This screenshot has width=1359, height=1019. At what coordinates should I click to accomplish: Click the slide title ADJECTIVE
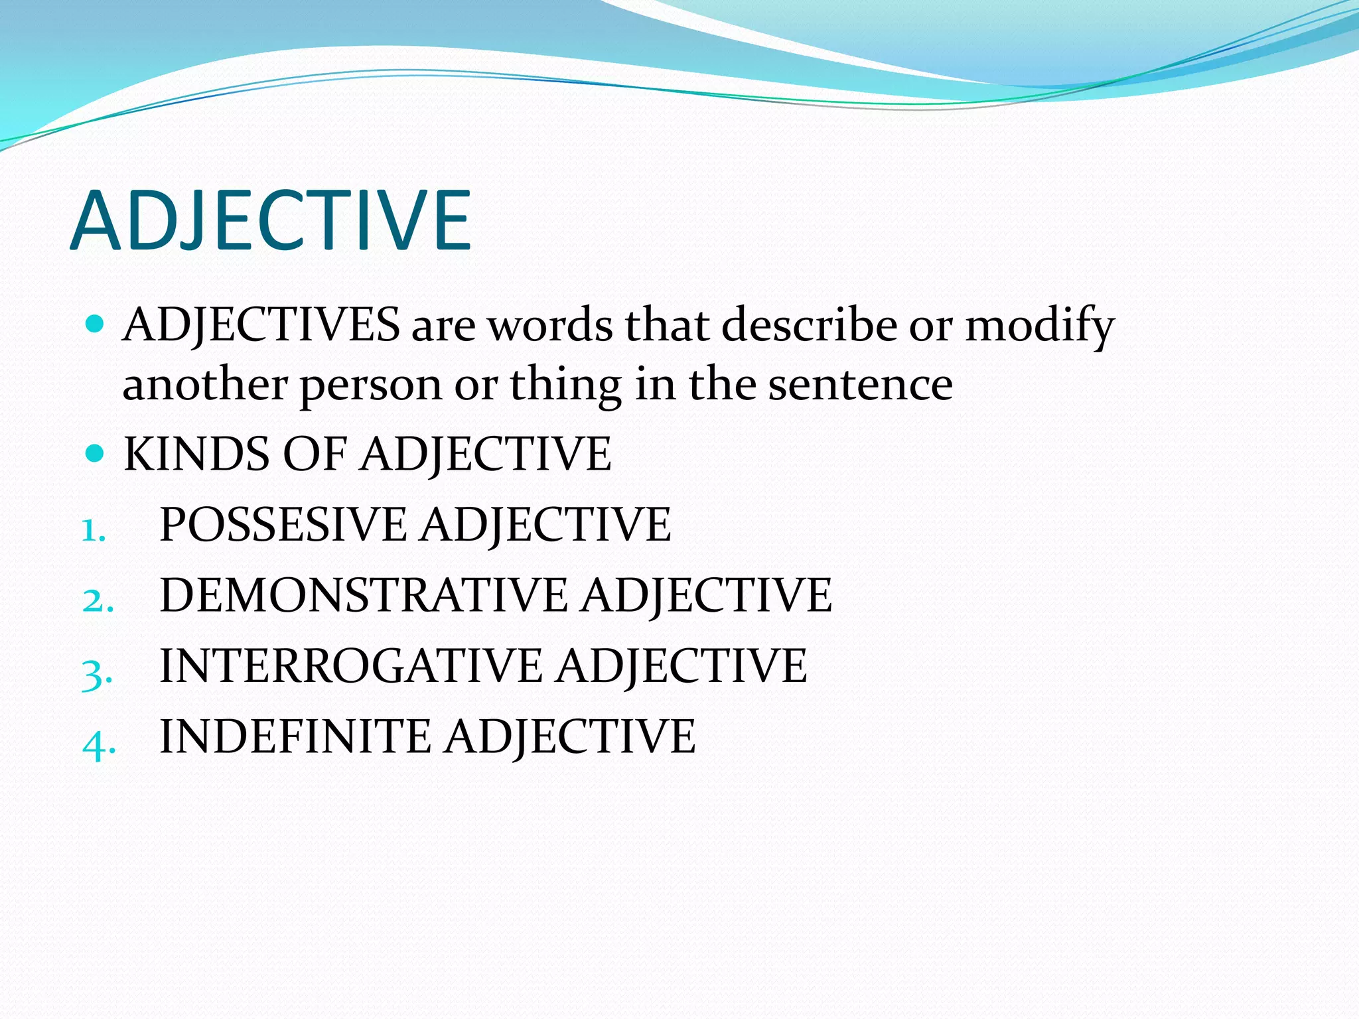click(x=271, y=221)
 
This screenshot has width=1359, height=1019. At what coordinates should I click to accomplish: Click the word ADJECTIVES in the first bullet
click(x=261, y=325)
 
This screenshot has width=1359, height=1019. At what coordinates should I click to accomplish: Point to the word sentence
click(x=861, y=385)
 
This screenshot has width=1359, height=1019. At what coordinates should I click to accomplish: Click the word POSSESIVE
click(x=283, y=525)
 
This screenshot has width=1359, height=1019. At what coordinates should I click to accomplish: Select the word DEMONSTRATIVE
click(x=364, y=595)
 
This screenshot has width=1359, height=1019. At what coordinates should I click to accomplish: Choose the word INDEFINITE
click(x=295, y=736)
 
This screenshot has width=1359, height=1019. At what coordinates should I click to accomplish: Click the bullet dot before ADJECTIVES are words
click(x=96, y=324)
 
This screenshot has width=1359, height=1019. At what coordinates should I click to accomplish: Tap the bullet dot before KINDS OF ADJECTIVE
click(x=96, y=454)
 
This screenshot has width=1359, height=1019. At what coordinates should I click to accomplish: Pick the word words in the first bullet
click(x=551, y=325)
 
